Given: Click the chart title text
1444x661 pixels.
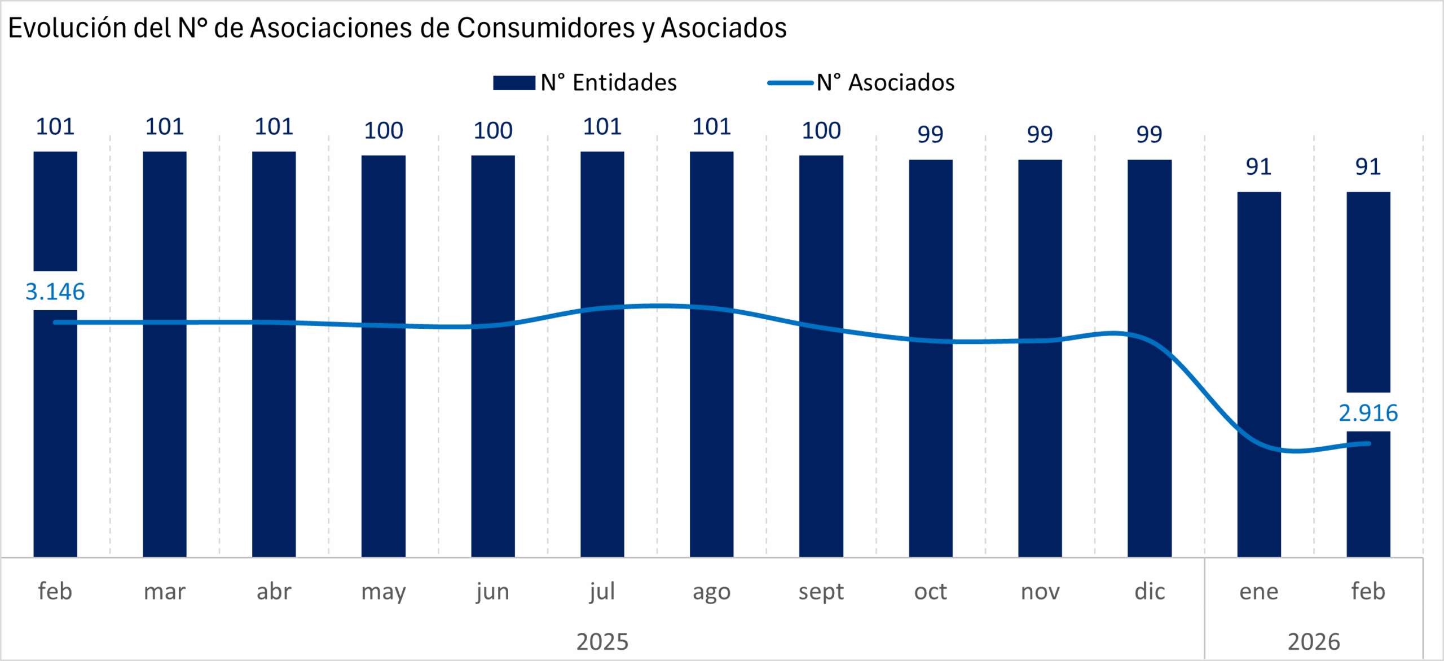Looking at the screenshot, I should [397, 28].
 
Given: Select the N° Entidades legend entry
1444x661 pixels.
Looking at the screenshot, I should [584, 83].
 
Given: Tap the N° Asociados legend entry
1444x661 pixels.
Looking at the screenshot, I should [861, 83].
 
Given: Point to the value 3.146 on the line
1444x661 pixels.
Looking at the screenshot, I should [55, 292].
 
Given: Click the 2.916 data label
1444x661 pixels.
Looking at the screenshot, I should [1368, 413].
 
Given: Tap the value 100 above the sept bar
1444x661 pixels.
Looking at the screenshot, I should [821, 131].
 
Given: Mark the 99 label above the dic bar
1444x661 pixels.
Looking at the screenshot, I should [1150, 134].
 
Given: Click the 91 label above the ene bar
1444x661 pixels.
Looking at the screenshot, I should [1259, 167].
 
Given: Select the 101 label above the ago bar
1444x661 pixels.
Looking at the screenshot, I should [712, 127].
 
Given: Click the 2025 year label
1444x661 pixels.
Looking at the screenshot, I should [602, 642].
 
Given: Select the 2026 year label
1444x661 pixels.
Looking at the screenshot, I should [1314, 642].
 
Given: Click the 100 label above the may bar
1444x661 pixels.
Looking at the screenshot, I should [384, 131].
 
